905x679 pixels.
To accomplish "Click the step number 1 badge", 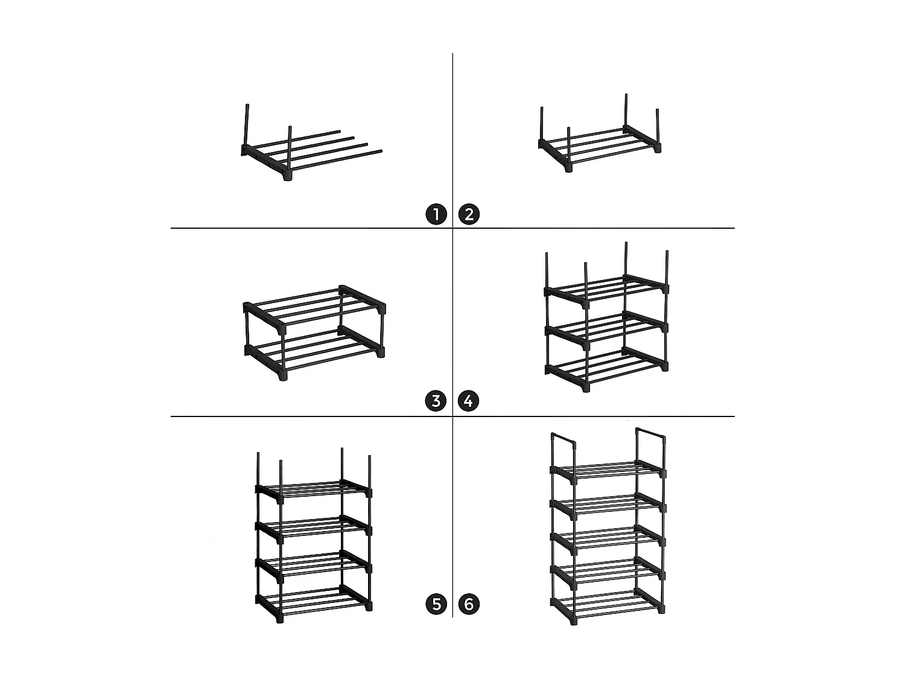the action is point(436,214).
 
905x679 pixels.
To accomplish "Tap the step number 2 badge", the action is point(469,214).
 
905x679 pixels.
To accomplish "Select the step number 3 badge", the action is point(436,401).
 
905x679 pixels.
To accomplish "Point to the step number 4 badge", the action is point(468,401).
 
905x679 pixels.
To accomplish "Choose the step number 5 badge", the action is point(436,604).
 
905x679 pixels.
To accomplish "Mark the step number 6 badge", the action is point(469,604).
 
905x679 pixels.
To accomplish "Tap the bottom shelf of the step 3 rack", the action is point(314,354).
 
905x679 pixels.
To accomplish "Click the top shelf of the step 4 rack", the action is point(606,291).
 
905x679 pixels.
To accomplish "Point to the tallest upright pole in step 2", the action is point(626,110).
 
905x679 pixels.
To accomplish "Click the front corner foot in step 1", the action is point(288,176).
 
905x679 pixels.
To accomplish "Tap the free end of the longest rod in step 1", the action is point(381,151).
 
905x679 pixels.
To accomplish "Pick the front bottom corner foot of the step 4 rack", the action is point(585,387).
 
